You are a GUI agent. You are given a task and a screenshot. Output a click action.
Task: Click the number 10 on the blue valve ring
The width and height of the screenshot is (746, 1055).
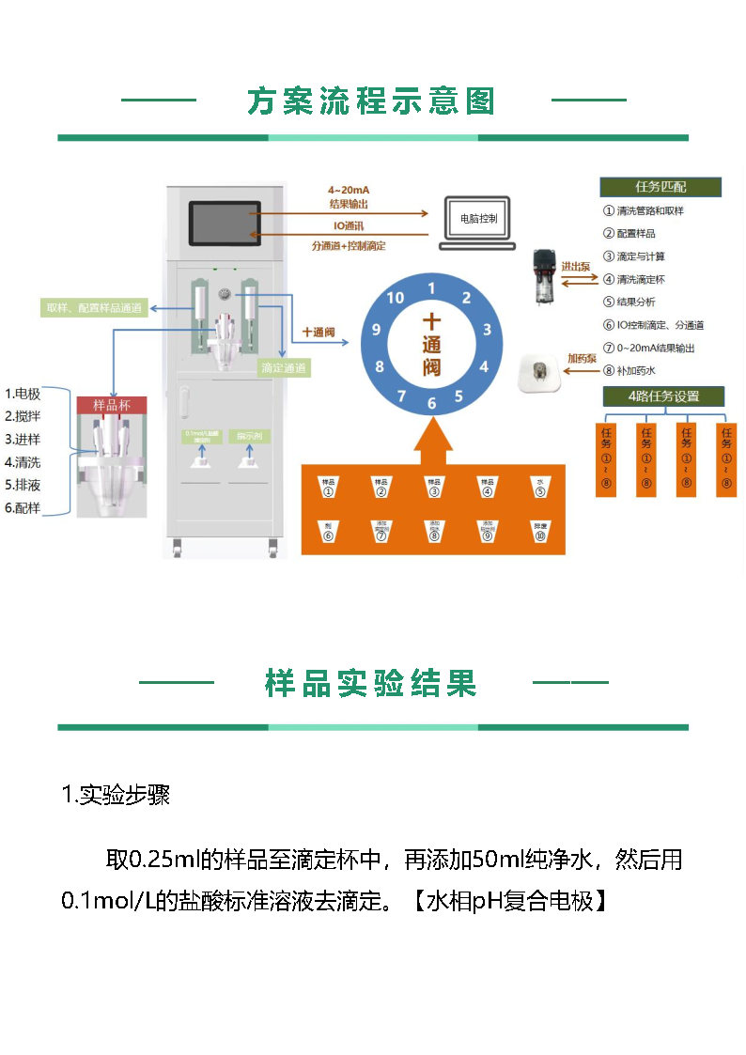[x=395, y=298]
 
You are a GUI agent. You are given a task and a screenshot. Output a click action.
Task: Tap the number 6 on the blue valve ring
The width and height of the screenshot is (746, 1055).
[x=432, y=404]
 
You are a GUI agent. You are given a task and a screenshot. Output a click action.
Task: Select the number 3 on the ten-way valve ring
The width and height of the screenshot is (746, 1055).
[x=487, y=330]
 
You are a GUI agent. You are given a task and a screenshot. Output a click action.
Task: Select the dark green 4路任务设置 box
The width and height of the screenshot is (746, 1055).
[x=663, y=396]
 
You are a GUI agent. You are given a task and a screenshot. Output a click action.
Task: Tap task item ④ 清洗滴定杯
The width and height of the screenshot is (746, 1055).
[x=647, y=279]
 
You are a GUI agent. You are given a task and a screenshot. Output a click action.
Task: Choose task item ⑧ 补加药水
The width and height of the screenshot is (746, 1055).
[x=643, y=370]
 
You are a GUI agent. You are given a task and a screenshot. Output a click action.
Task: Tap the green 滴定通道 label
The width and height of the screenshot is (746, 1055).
[x=284, y=367]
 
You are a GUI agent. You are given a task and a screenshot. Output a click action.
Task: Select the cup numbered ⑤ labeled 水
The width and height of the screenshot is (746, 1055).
[x=540, y=486]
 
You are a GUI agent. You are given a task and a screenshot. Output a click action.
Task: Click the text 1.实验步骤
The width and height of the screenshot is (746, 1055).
[x=116, y=796]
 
